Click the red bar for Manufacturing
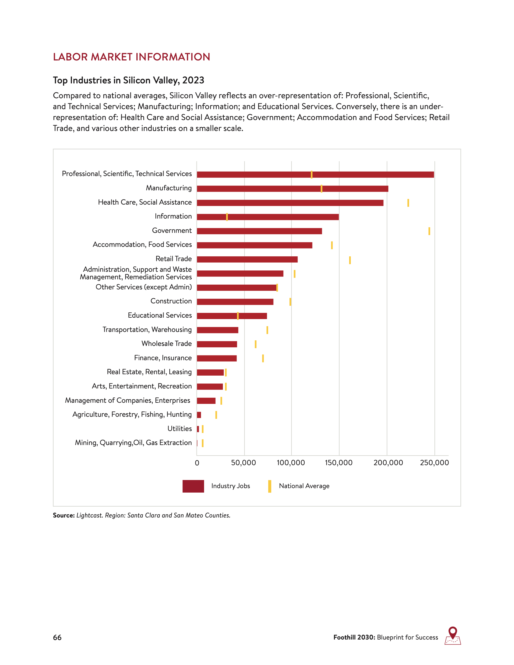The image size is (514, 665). pyautogui.click(x=292, y=189)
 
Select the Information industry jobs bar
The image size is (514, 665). pyautogui.click(x=268, y=217)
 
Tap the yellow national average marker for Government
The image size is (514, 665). pyautogui.click(x=429, y=231)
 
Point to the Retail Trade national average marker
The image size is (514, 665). pyautogui.click(x=350, y=260)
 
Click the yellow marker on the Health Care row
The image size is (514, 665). pyautogui.click(x=408, y=203)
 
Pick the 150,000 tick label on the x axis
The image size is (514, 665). pyautogui.click(x=338, y=463)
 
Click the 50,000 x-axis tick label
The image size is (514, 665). pyautogui.click(x=243, y=463)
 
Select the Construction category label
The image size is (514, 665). pyautogui.click(x=171, y=301)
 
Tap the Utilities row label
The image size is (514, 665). pyautogui.click(x=180, y=429)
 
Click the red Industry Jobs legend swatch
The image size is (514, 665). pyautogui.click(x=193, y=486)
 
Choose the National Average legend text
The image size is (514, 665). pyautogui.click(x=304, y=486)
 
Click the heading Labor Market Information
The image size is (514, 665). pyautogui.click(x=132, y=57)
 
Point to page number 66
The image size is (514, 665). pyautogui.click(x=57, y=637)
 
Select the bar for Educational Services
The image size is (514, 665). pyautogui.click(x=232, y=316)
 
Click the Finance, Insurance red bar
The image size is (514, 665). pyautogui.click(x=217, y=358)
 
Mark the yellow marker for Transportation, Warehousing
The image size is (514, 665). pyautogui.click(x=267, y=330)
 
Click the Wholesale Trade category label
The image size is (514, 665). pyautogui.click(x=167, y=343)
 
